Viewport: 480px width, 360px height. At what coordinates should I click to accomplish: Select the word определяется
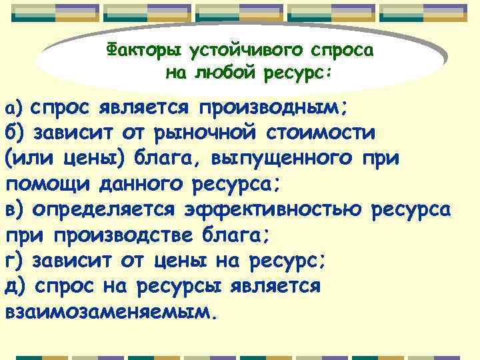click(x=108, y=209)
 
